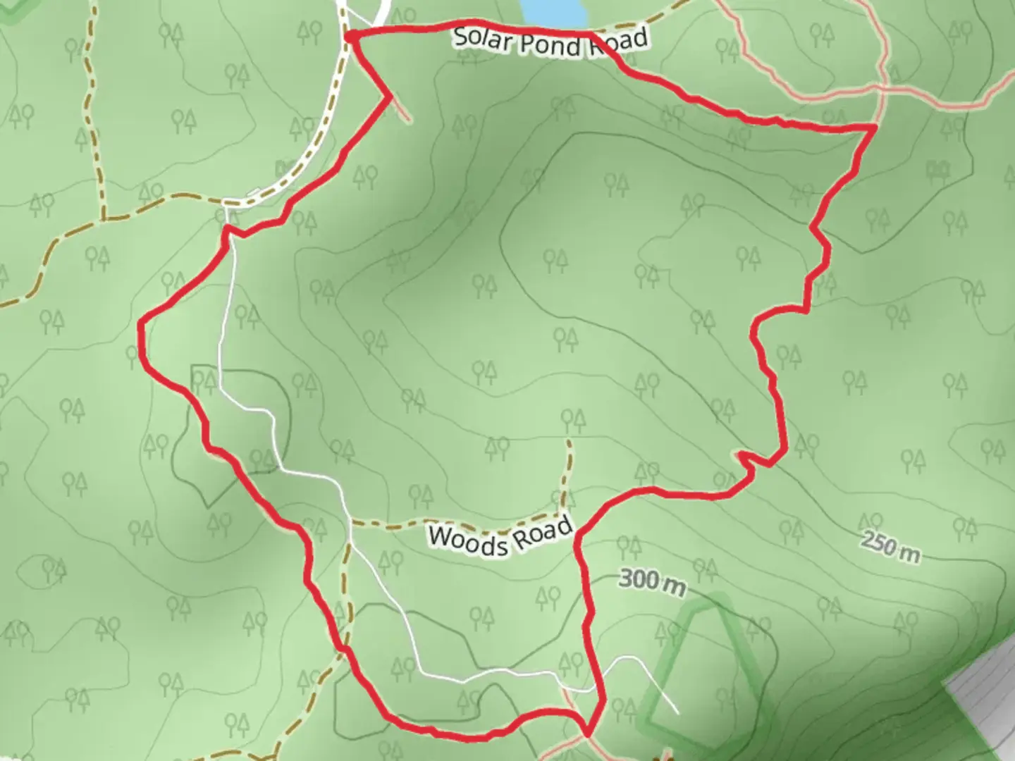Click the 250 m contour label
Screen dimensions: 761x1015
[890, 547]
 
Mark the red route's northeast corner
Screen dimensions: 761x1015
[875, 127]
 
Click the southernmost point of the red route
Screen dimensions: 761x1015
[586, 734]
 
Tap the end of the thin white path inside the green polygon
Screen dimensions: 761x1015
[677, 712]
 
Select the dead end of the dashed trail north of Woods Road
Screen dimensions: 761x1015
[568, 441]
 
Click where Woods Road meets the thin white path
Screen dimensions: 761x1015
[350, 524]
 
